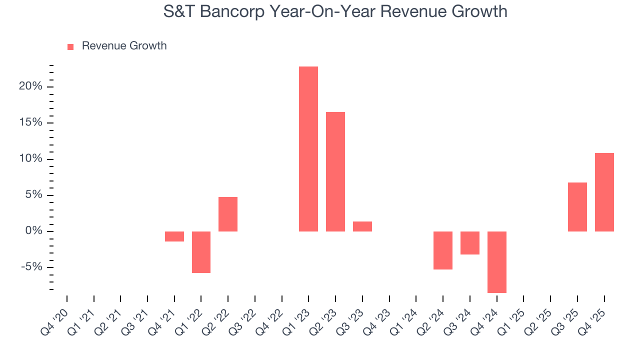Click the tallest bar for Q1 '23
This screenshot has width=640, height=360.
point(308,149)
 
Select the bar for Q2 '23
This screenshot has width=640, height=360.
point(335,171)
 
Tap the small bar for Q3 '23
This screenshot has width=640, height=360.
point(362,226)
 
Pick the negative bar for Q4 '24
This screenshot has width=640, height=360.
point(497,262)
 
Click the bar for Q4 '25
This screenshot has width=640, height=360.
point(604,192)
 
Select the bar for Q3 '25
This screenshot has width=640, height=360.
point(577,207)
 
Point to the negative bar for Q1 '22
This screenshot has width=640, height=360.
point(201,252)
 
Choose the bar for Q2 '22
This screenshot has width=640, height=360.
point(228,214)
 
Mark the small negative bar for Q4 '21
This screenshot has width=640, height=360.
point(174,236)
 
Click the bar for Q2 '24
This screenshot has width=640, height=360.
point(443,250)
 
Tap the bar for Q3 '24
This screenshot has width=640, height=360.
point(470,243)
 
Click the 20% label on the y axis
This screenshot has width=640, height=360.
point(31,86)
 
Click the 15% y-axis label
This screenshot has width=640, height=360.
point(31,122)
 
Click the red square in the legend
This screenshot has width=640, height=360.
point(70,46)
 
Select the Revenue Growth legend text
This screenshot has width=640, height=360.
point(124,46)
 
